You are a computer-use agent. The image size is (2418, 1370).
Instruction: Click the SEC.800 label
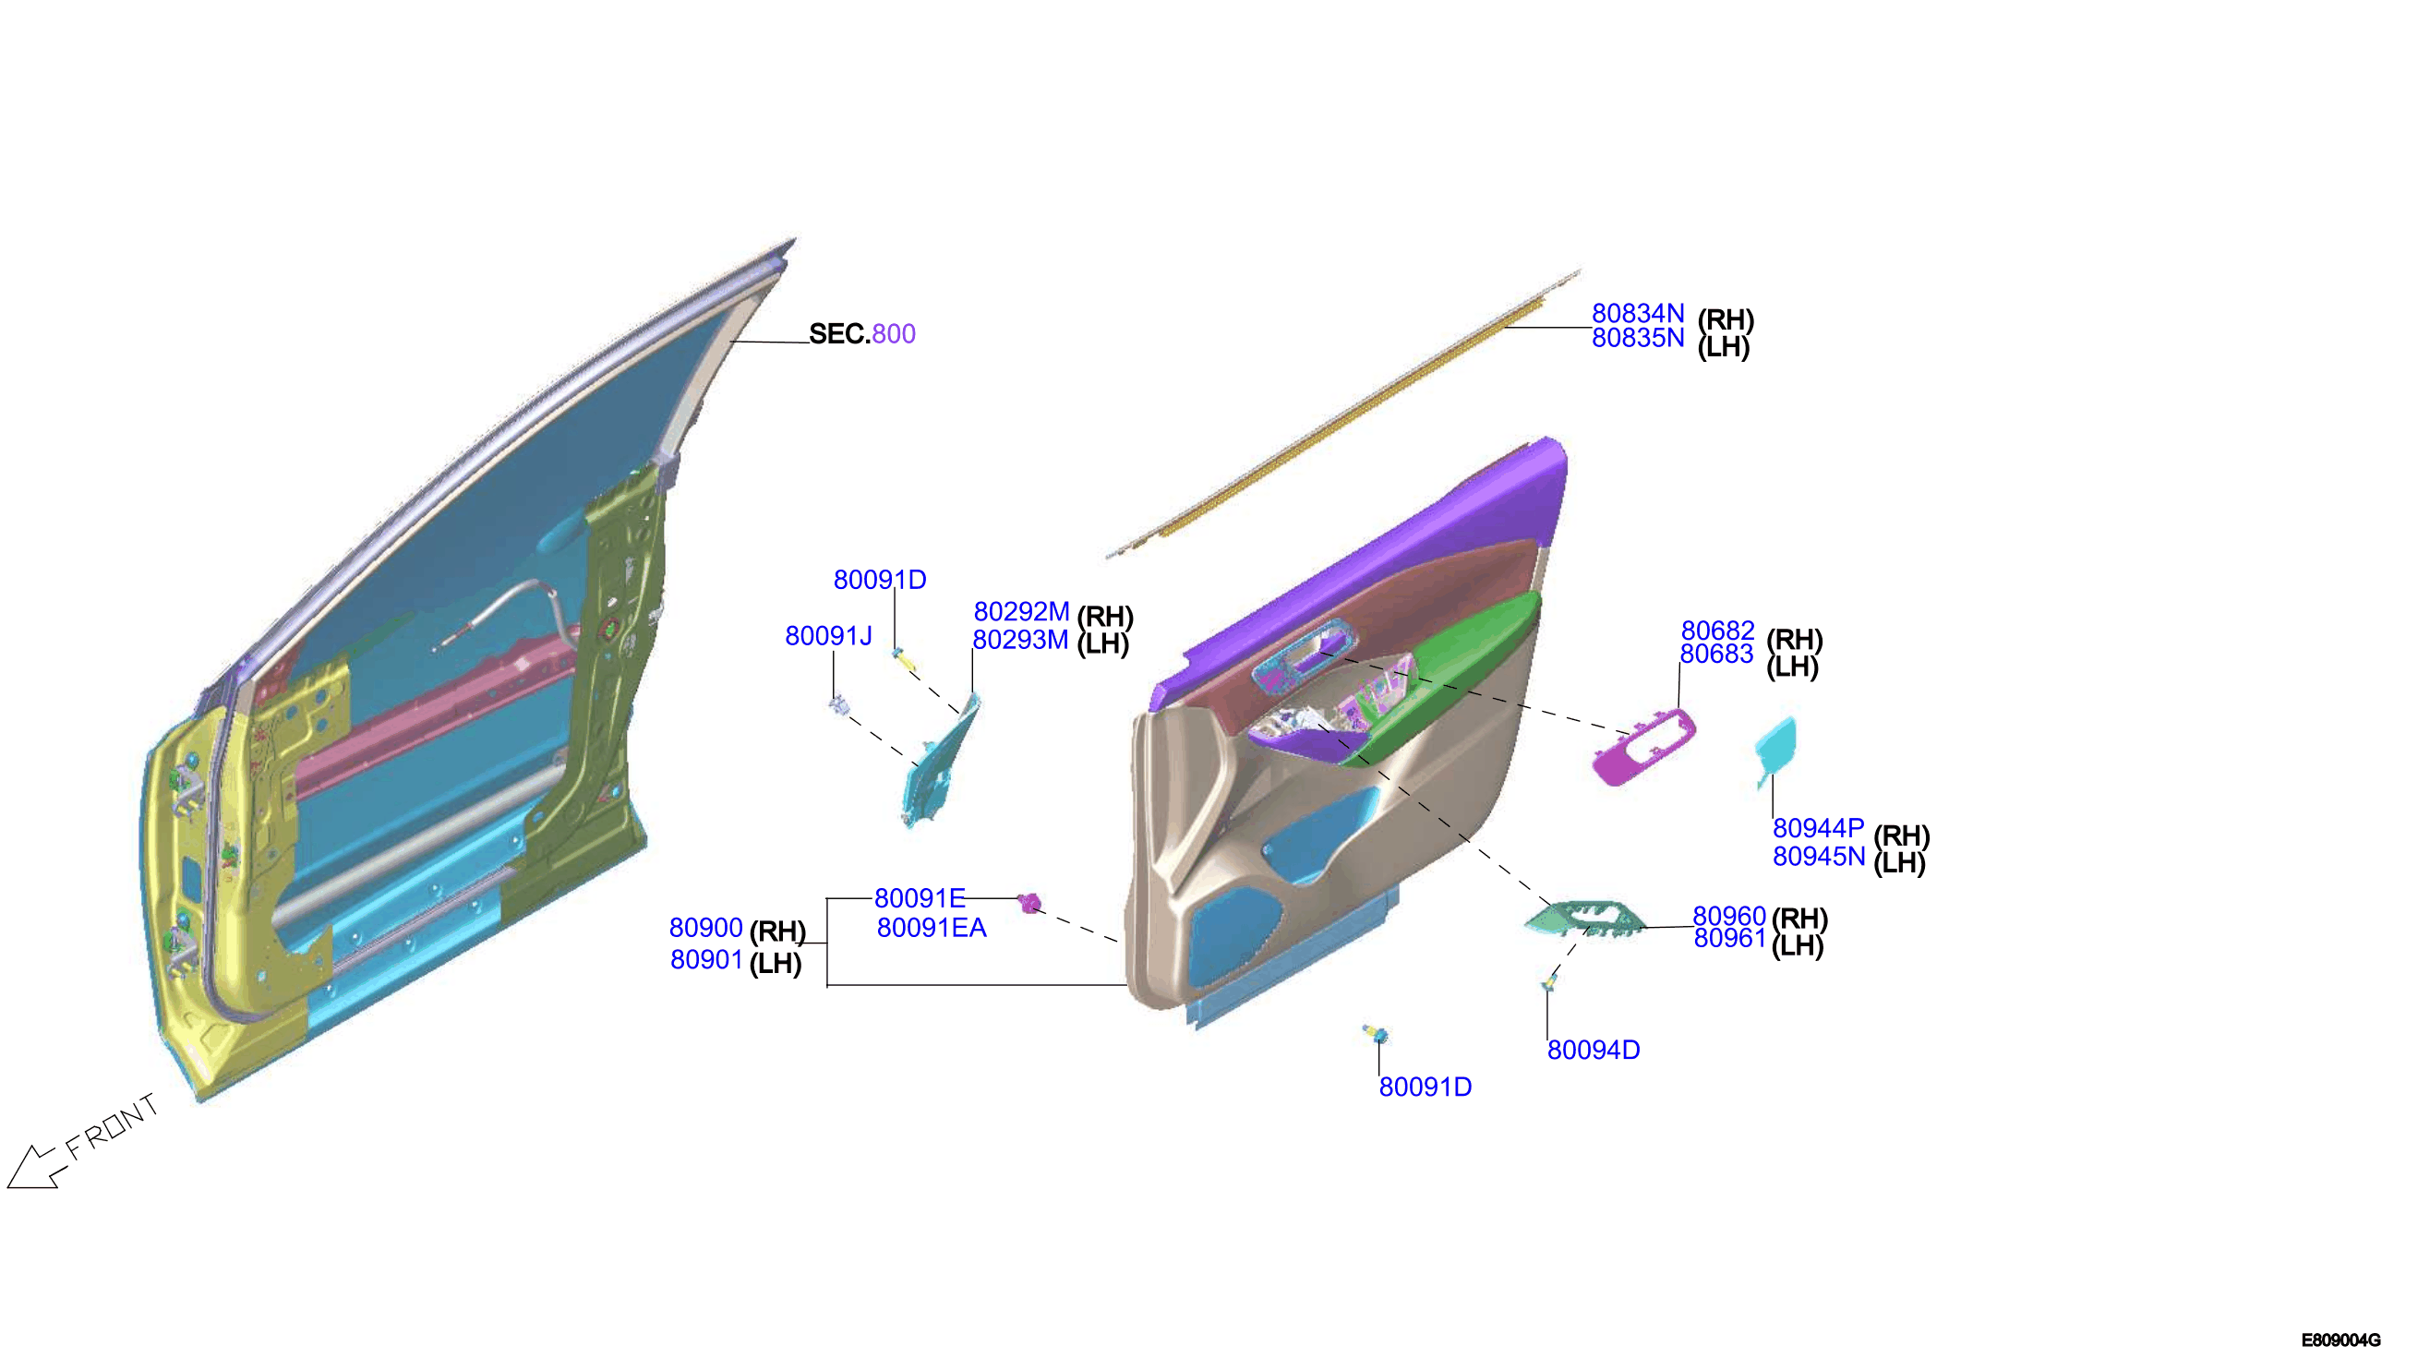click(x=861, y=334)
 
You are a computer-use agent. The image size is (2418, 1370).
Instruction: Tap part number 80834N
click(x=1637, y=313)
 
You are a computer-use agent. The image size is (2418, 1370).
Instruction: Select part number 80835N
click(x=1637, y=338)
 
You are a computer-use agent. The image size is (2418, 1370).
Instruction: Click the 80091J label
click(x=828, y=636)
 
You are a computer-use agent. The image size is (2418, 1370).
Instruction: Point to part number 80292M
click(x=1021, y=613)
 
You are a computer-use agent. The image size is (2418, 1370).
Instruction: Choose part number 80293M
click(x=1020, y=640)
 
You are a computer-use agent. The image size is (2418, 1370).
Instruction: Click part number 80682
click(x=1717, y=631)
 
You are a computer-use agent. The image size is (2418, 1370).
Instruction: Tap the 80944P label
click(x=1818, y=828)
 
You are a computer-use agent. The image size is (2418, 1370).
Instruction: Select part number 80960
click(x=1728, y=916)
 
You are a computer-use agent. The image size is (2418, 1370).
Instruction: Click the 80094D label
click(x=1593, y=1050)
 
